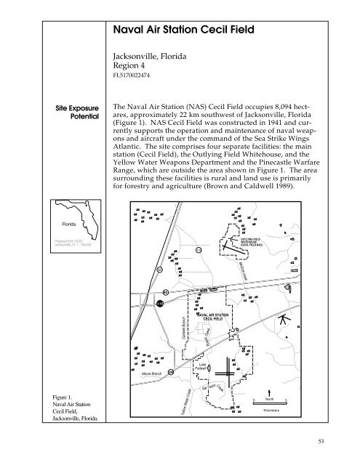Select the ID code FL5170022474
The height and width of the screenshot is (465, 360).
[131, 74]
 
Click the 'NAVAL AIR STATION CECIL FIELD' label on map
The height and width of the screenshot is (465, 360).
[216, 316]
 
